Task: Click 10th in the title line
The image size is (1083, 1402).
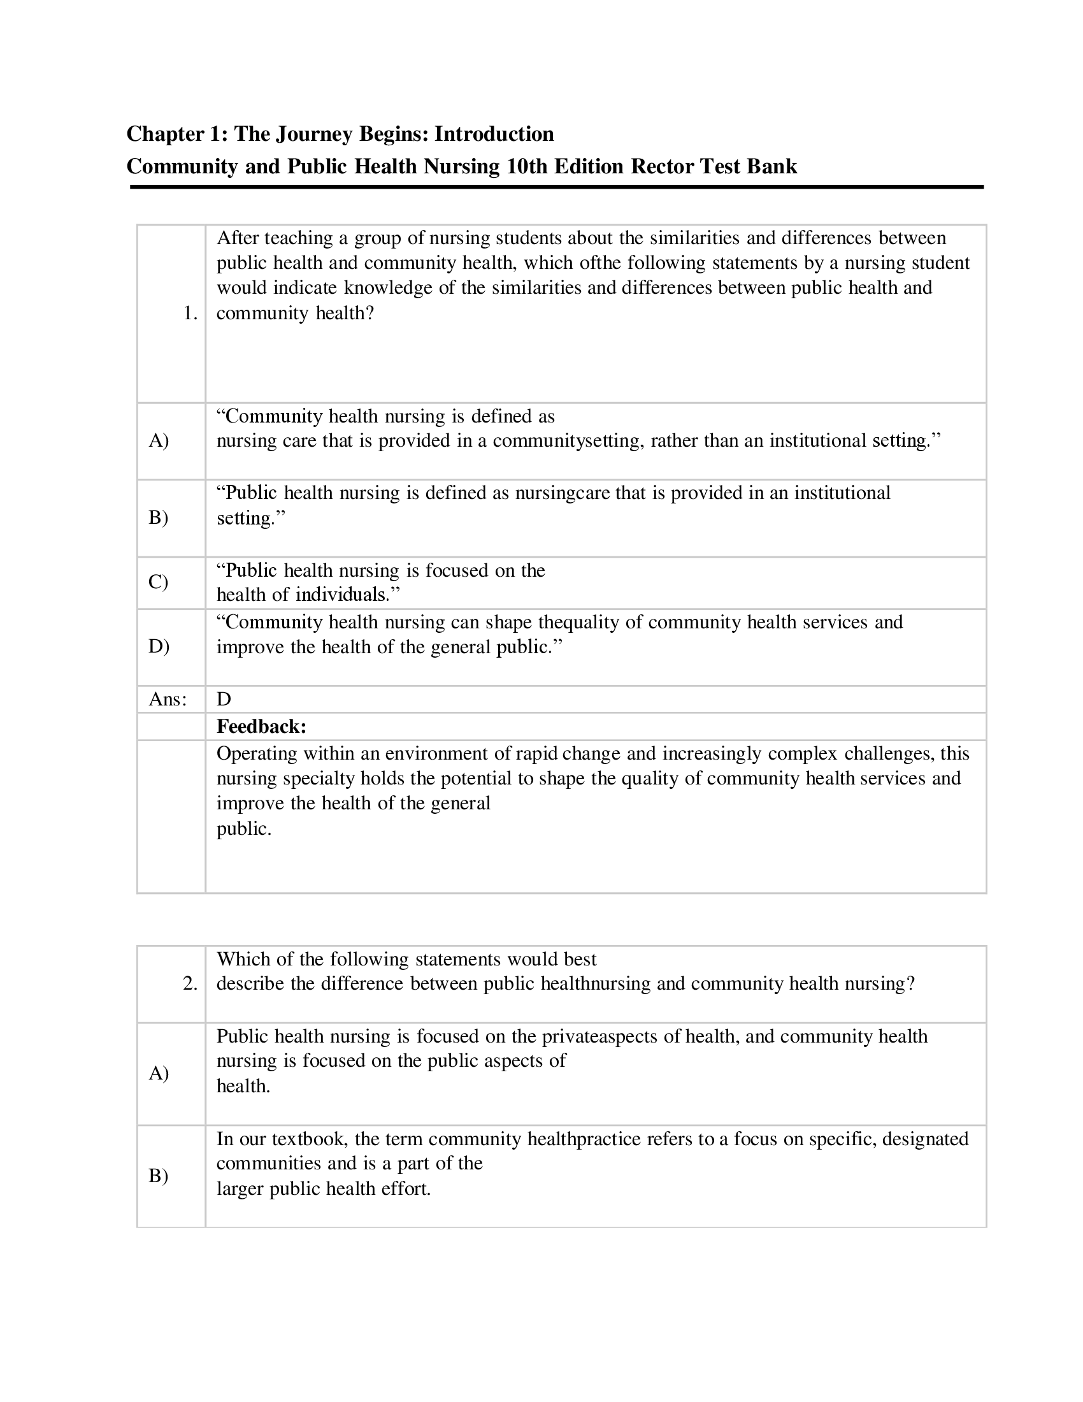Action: tap(527, 166)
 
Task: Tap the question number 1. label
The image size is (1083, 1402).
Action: tap(190, 314)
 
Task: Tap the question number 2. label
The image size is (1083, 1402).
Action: tap(190, 983)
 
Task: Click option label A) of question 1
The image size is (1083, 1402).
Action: tap(159, 440)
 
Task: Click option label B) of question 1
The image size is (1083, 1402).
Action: tap(159, 517)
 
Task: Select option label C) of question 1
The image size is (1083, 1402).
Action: tap(159, 582)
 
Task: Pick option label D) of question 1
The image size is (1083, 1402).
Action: tap(159, 646)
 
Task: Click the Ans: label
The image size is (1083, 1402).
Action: tap(168, 699)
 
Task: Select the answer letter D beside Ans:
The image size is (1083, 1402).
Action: tap(224, 699)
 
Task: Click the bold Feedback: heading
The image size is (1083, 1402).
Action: tap(261, 726)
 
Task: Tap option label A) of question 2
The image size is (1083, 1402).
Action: tap(159, 1073)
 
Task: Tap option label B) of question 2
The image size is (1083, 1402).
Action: tap(159, 1175)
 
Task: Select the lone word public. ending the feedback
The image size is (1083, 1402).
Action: tap(244, 828)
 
